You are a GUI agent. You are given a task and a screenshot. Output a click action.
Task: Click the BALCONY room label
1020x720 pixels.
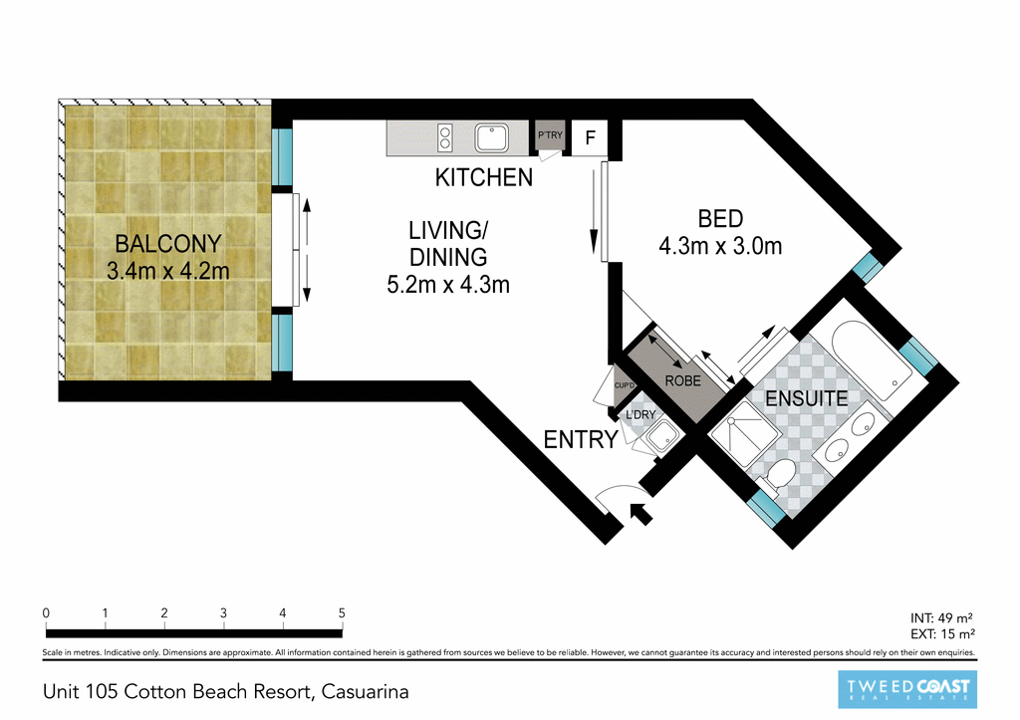(x=167, y=243)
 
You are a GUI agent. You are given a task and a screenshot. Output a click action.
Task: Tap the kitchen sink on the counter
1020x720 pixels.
(x=492, y=137)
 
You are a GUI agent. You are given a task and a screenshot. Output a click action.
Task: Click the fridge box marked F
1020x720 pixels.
(x=590, y=138)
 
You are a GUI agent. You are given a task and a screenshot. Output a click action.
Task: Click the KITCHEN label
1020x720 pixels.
(x=484, y=178)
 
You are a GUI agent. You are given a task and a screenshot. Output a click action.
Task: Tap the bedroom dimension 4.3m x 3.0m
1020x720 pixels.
(x=720, y=245)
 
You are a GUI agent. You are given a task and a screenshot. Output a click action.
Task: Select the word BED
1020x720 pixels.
(x=720, y=218)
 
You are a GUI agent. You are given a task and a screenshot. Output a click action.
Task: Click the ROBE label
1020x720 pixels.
(x=683, y=380)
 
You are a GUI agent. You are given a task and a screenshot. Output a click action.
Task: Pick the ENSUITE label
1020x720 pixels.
(x=806, y=399)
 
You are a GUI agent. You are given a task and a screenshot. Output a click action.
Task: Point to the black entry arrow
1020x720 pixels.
(x=642, y=514)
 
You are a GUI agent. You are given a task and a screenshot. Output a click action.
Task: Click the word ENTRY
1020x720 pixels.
(x=581, y=438)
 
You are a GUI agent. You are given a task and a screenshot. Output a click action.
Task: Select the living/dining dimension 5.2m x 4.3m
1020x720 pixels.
(x=448, y=285)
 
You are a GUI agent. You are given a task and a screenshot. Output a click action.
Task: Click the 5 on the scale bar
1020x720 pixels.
(x=342, y=612)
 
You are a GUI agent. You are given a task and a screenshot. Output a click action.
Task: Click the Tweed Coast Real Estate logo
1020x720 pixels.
(x=906, y=689)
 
